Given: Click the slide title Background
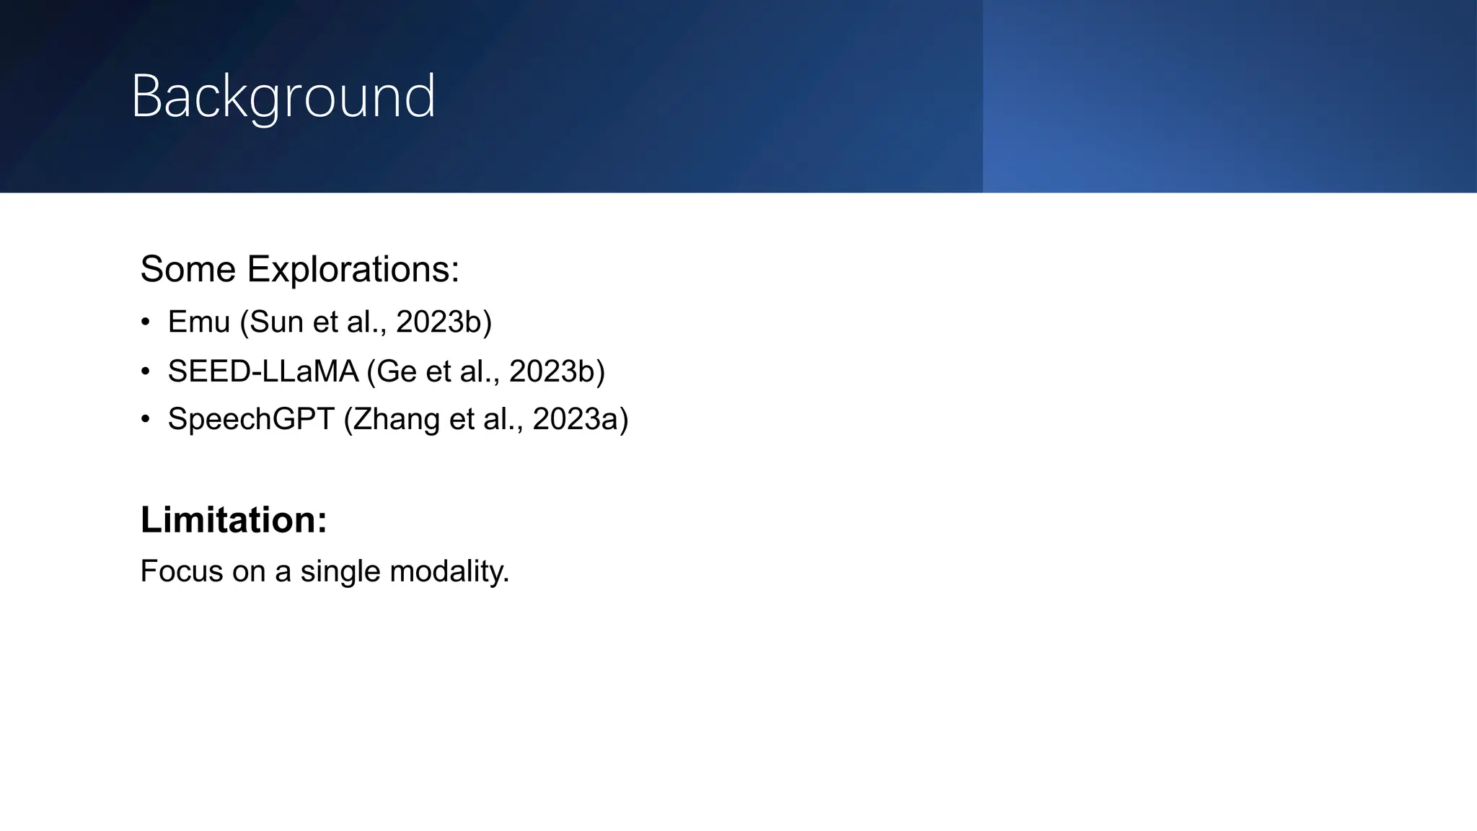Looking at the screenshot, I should (283, 97).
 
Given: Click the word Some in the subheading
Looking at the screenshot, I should (188, 270).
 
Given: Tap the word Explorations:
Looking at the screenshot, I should (353, 270).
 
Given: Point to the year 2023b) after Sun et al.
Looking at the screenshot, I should (444, 322).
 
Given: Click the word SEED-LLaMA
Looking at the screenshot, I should (263, 371).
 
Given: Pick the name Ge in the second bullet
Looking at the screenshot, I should (397, 371).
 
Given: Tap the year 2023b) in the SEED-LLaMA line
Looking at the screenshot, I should (557, 371).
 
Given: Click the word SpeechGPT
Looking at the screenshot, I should (250, 419).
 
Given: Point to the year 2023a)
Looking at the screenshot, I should (580, 419).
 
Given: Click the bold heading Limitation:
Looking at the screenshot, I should (234, 520).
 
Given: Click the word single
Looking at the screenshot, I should (340, 571).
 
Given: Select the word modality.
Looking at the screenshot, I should (449, 571).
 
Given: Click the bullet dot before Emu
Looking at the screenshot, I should (146, 322).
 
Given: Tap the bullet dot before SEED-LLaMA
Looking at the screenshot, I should (146, 372).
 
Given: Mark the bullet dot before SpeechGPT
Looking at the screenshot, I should (146, 420).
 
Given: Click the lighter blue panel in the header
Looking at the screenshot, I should (1229, 97).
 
